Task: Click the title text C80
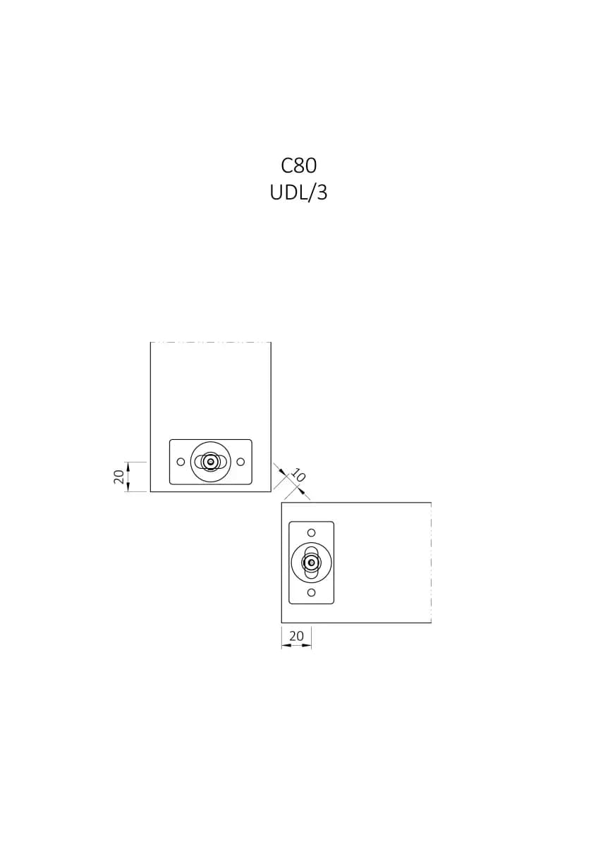(x=298, y=166)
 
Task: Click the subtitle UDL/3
(x=298, y=192)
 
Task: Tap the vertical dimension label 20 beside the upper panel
(x=119, y=477)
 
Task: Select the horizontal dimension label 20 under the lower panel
(x=296, y=636)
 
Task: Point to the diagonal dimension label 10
(x=298, y=475)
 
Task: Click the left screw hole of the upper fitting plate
(x=181, y=462)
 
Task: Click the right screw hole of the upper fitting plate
(x=240, y=462)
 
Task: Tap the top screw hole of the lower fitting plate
(x=311, y=533)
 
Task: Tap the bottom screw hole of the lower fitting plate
(x=311, y=593)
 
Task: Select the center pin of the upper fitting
(x=210, y=461)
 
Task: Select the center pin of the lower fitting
(x=311, y=563)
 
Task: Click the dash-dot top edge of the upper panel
(x=211, y=342)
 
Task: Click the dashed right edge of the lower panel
(x=431, y=563)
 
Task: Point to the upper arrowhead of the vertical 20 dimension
(x=128, y=466)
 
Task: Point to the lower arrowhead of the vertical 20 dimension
(x=128, y=488)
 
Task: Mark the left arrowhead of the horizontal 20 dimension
(x=286, y=646)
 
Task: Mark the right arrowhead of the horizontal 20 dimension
(x=307, y=646)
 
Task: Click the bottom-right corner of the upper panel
(x=271, y=492)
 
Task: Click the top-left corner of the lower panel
(x=281, y=502)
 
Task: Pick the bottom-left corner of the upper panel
(x=150, y=492)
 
